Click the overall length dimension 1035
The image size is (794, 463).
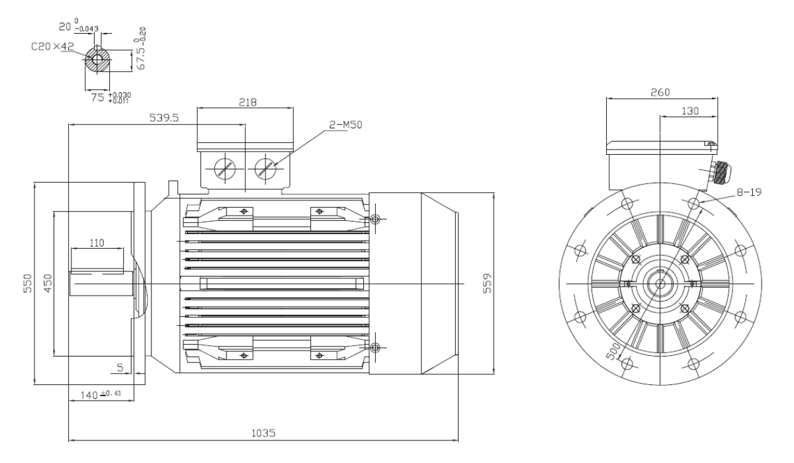pos(263,433)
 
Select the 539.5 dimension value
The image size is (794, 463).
pos(164,118)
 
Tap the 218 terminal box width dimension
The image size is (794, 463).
pos(247,103)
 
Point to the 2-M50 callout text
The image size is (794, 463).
pos(346,125)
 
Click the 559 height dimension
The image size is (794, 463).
pos(488,283)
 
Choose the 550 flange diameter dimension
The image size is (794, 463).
pos(28,283)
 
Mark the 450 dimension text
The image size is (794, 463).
pos(48,283)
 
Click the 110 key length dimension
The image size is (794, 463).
pos(97,243)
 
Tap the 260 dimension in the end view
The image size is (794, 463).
pos(660,93)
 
